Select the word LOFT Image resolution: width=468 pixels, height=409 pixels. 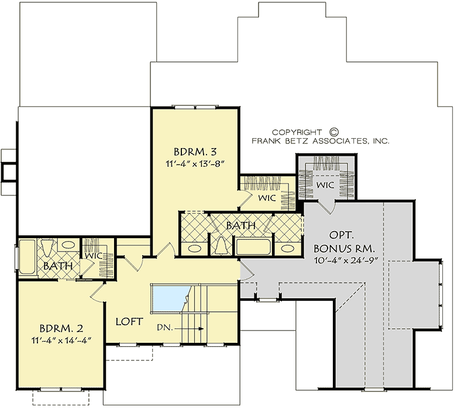click(x=130, y=321)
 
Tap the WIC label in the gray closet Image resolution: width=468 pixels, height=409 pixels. click(x=325, y=185)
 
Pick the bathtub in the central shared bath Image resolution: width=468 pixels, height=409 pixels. click(x=253, y=246)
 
